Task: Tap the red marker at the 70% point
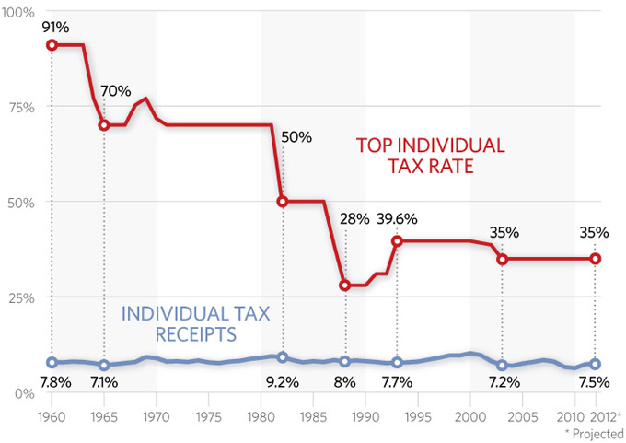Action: pos(104,125)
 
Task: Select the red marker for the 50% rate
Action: pos(283,202)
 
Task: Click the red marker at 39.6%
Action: pos(397,241)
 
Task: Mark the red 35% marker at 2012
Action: pos(596,259)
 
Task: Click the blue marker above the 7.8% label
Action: pos(52,363)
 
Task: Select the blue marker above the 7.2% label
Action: pos(502,366)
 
